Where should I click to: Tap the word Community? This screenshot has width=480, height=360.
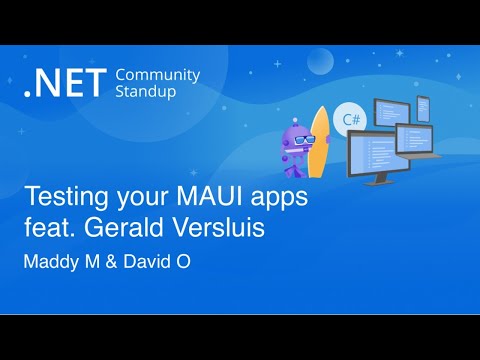point(158,76)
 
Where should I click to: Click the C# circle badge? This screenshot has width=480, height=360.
point(351,119)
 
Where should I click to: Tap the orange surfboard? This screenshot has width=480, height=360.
point(318,145)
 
